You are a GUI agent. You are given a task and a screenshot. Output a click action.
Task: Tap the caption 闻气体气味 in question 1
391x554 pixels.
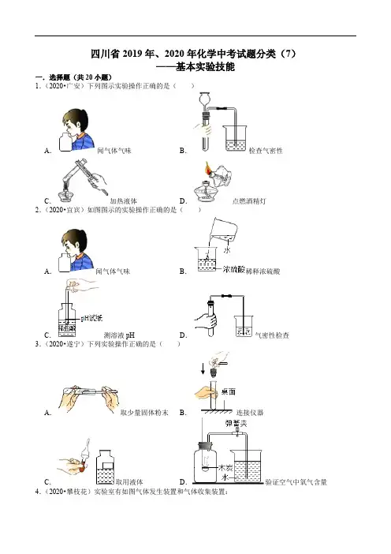pyautogui.click(x=114, y=151)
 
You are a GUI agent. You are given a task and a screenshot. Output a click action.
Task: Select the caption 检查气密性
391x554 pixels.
pyautogui.click(x=266, y=151)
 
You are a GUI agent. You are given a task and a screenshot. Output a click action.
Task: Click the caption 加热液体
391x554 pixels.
pyautogui.click(x=124, y=201)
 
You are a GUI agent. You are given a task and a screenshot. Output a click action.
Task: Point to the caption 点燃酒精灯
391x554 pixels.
pyautogui.click(x=249, y=201)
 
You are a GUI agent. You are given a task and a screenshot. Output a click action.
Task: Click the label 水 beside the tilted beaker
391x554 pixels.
pyautogui.click(x=227, y=250)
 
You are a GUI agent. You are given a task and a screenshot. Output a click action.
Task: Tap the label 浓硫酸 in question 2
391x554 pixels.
pyautogui.click(x=234, y=270)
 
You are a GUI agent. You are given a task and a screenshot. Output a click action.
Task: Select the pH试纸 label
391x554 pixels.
pyautogui.click(x=91, y=318)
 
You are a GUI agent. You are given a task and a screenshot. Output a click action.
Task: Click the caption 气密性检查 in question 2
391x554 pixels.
pyautogui.click(x=272, y=335)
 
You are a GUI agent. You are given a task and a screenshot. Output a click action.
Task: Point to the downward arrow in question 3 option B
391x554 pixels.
pyautogui.click(x=203, y=369)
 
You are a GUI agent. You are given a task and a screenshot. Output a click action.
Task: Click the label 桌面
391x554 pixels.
pyautogui.click(x=229, y=391)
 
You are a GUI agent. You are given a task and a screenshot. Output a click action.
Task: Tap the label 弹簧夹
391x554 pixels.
pyautogui.click(x=236, y=423)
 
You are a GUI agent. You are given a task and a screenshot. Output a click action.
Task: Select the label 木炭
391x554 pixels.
pyautogui.click(x=225, y=468)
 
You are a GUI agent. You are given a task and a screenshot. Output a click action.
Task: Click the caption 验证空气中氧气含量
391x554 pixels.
pyautogui.click(x=296, y=482)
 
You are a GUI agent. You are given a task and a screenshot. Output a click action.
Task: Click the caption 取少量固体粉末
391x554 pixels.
pyautogui.click(x=144, y=412)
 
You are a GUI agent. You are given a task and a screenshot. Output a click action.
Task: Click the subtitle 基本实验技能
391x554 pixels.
pyautogui.click(x=206, y=66)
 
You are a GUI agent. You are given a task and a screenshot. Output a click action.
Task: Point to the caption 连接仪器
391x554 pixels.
pyautogui.click(x=250, y=412)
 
